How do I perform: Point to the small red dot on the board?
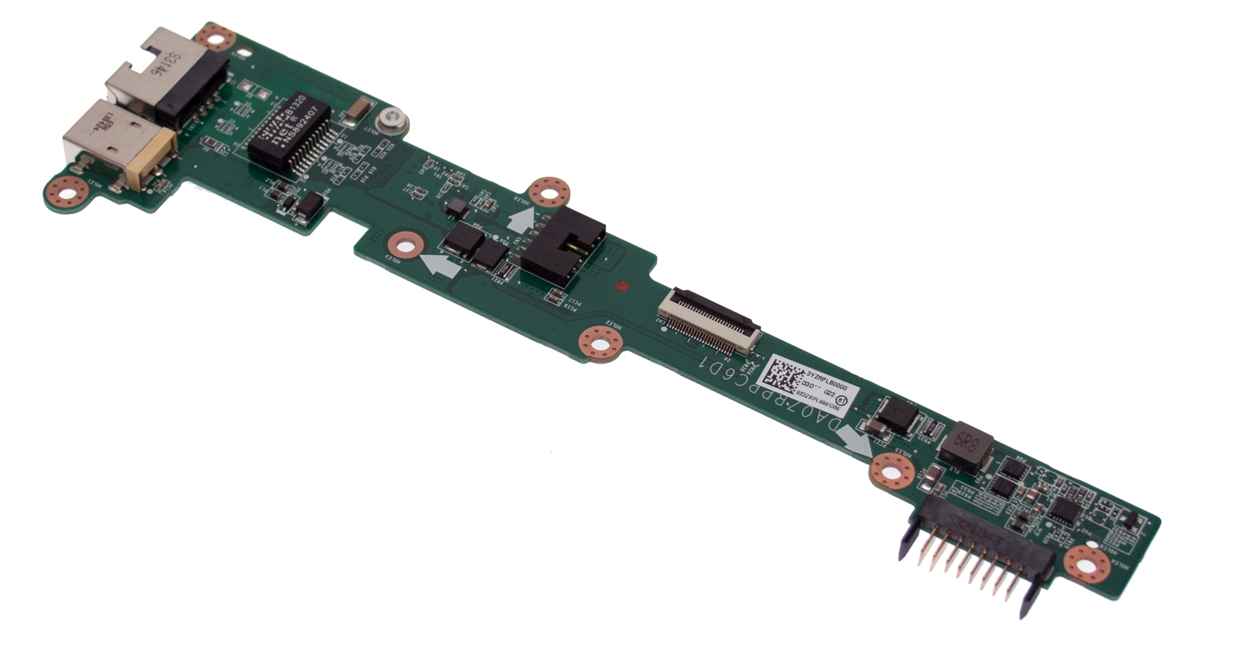(621, 286)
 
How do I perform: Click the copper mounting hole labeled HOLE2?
(600, 343)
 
